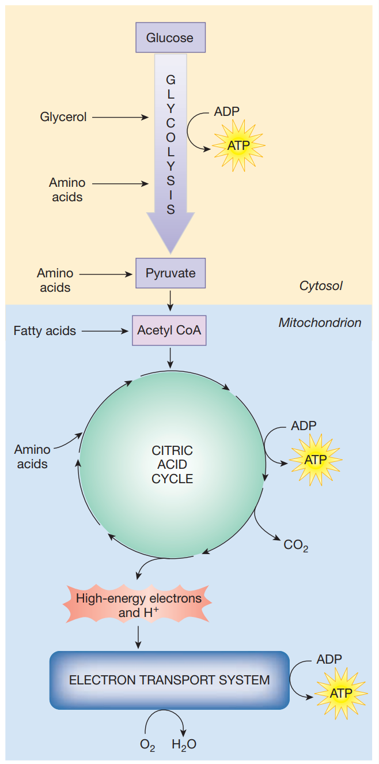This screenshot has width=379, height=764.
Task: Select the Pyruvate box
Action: point(170,273)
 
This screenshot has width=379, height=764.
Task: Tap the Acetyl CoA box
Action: point(169,331)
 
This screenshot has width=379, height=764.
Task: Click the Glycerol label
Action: point(63,117)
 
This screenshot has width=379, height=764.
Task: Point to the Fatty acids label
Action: point(45,331)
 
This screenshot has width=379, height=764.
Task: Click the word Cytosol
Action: point(321,286)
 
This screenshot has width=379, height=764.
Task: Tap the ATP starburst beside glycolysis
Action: point(238,145)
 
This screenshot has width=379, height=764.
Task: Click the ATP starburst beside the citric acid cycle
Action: point(315,460)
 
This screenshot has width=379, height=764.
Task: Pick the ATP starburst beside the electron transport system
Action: point(340,693)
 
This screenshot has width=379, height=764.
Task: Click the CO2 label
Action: point(295,544)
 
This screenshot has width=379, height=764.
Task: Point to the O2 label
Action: point(147,744)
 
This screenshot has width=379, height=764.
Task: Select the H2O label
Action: point(184,744)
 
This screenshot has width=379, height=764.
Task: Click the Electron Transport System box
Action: point(169,680)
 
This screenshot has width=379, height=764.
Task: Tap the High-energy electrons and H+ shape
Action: point(139,605)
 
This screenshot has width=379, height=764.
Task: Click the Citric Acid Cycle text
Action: point(172,464)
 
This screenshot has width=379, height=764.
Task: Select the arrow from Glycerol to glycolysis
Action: point(120,117)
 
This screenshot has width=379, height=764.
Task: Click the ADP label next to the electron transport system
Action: point(329,659)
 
